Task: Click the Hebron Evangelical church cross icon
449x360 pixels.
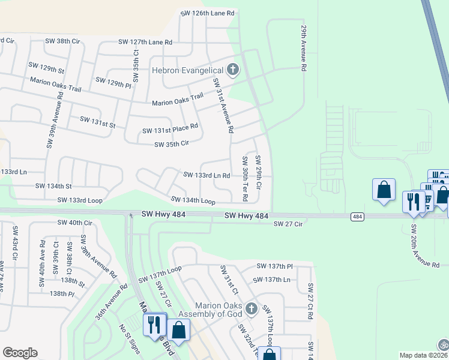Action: point(233,70)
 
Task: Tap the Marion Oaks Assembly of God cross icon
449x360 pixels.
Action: point(252,308)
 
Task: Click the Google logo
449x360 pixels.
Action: point(20,353)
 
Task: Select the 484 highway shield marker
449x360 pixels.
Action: point(357,216)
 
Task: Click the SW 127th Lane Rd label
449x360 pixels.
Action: point(145,42)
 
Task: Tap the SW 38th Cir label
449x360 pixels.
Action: point(62,41)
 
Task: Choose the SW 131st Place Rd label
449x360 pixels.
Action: point(170,128)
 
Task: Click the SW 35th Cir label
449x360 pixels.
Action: point(172,144)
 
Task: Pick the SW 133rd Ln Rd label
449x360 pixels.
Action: point(206,175)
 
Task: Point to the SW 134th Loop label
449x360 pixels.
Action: point(193,200)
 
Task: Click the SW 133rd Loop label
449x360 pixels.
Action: point(80,199)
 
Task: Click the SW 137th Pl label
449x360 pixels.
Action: point(274,266)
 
